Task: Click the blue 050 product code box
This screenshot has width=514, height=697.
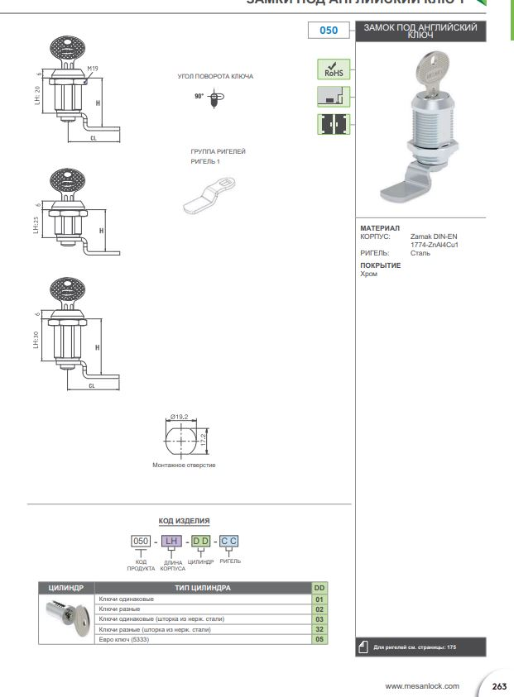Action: pyautogui.click(x=329, y=31)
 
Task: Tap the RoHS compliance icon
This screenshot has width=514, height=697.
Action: pyautogui.click(x=334, y=69)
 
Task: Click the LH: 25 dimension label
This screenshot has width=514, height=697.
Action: pyautogui.click(x=36, y=225)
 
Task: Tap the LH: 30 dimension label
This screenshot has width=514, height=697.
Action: pyautogui.click(x=36, y=339)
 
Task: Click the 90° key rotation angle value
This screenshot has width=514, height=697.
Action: pyautogui.click(x=199, y=96)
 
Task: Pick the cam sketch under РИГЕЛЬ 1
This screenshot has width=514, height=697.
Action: pyautogui.click(x=210, y=193)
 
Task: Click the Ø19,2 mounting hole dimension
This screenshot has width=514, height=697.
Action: pyautogui.click(x=182, y=417)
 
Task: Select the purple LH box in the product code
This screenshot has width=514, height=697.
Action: pyautogui.click(x=171, y=541)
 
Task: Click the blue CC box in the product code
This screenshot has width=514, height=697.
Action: pyautogui.click(x=229, y=541)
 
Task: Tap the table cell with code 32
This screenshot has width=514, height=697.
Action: pyautogui.click(x=319, y=629)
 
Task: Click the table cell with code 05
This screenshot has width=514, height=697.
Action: pyautogui.click(x=319, y=639)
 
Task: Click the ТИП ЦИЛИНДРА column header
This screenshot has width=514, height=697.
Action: pyautogui.click(x=203, y=588)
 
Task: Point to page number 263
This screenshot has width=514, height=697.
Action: pyautogui.click(x=499, y=686)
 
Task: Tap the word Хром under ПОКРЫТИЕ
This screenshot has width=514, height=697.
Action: pyautogui.click(x=369, y=274)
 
